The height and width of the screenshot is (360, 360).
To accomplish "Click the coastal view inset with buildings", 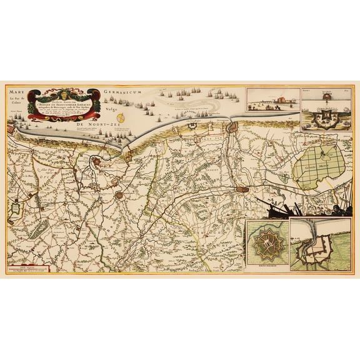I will (272, 98).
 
